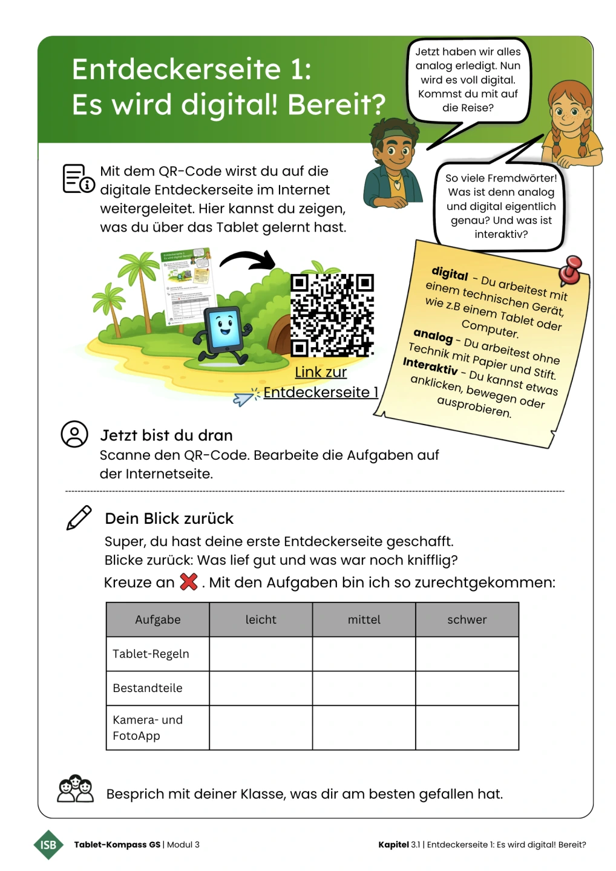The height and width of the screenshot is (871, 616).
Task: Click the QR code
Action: point(332,315)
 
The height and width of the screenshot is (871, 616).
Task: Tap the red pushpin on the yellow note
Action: point(570,270)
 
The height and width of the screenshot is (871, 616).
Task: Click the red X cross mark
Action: point(189,582)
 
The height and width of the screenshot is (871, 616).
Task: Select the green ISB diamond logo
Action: point(48,844)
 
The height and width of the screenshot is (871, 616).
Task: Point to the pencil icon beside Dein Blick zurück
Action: point(79,518)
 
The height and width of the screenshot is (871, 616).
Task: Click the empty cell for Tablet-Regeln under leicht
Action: point(261,654)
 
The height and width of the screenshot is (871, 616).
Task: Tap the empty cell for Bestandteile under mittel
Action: point(364,688)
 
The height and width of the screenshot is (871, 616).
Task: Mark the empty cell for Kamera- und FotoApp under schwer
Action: point(467,728)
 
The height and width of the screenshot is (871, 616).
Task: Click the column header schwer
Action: point(467,619)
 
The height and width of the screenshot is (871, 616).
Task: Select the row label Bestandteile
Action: point(148,688)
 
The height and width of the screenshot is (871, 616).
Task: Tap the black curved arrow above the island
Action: point(248,259)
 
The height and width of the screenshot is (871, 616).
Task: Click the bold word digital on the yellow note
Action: point(450,273)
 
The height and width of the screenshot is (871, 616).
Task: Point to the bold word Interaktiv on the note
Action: point(430,365)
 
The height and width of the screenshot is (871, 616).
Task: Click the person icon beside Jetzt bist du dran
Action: point(74,434)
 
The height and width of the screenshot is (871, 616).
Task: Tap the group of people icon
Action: point(75,789)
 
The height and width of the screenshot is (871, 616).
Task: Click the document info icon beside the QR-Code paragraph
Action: point(78,179)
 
